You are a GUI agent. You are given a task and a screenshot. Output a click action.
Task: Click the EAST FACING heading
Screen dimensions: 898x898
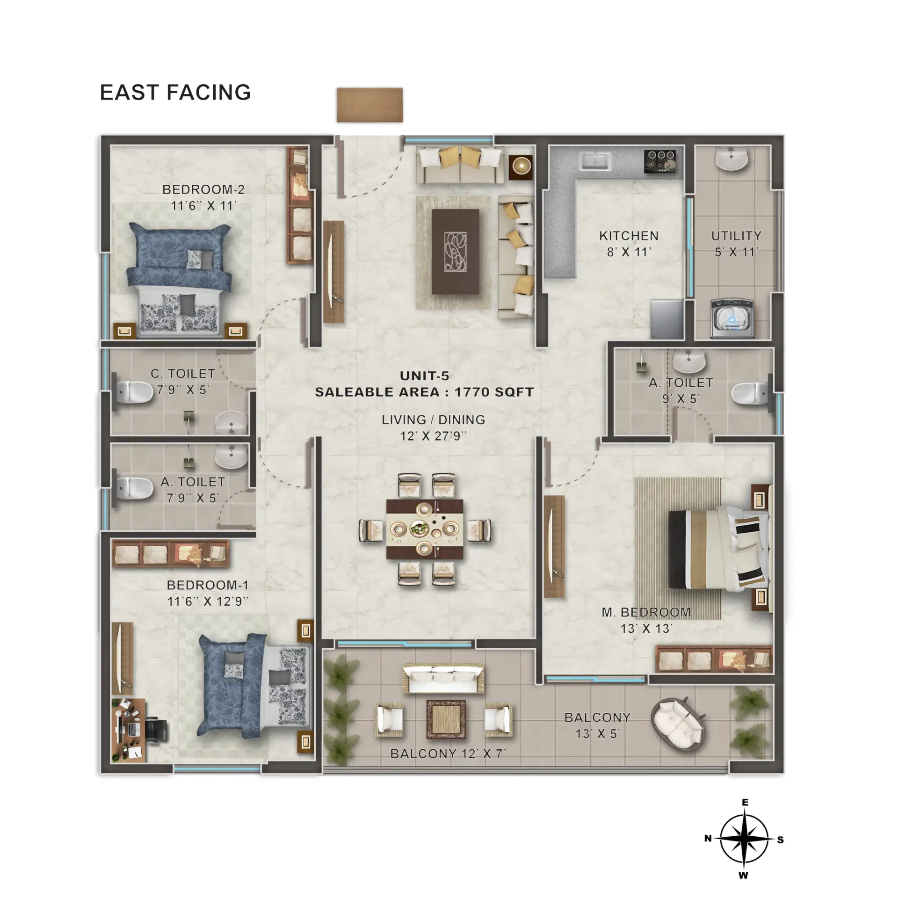[175, 93]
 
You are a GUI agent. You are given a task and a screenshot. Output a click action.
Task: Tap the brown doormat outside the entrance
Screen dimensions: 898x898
[369, 105]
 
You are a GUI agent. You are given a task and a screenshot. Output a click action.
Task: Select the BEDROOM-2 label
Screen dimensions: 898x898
[203, 189]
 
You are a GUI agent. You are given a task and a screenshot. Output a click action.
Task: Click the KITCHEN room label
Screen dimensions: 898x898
[629, 236]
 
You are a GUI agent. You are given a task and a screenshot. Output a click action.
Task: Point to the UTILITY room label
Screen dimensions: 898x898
[736, 236]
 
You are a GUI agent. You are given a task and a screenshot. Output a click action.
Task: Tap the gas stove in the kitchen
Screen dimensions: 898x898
[660, 161]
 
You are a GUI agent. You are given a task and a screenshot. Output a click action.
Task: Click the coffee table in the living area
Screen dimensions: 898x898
[455, 252]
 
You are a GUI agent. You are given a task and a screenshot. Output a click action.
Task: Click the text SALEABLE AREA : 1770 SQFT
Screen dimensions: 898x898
[424, 392]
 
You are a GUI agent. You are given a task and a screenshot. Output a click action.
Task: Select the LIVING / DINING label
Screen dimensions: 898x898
[433, 420]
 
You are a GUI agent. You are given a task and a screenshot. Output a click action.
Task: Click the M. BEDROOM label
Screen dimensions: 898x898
[646, 612]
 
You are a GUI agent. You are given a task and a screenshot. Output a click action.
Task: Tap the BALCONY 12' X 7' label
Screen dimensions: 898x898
[448, 753]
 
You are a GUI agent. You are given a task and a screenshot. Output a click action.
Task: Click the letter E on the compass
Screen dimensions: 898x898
[745, 803]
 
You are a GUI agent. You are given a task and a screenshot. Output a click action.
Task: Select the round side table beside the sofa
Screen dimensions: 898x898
[521, 166]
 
